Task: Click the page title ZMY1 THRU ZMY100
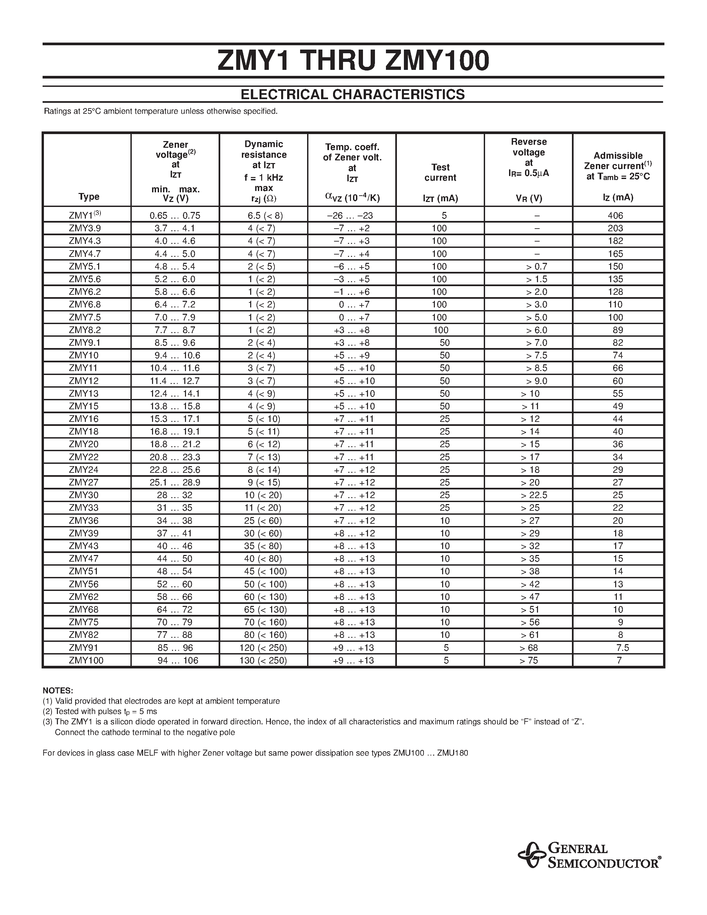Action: coord(353,61)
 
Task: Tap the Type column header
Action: coord(89,197)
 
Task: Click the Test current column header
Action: coord(440,172)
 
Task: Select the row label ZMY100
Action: coord(86,660)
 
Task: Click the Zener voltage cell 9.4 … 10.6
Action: coord(175,355)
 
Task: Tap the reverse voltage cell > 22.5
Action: coord(534,495)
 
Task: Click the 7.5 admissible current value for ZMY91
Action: coord(622,648)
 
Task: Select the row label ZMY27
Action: coord(84,482)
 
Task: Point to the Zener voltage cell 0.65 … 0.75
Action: coord(175,216)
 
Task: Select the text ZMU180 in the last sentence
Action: coord(452,753)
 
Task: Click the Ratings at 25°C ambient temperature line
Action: coord(161,111)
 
